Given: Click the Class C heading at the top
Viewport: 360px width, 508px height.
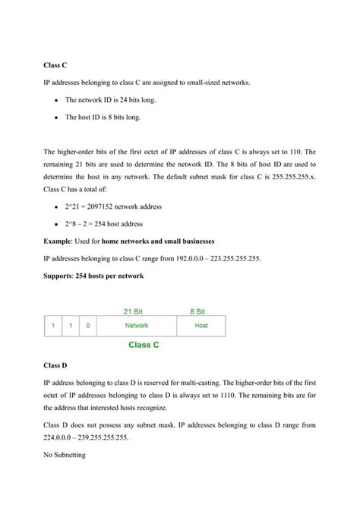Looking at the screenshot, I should tap(55, 65).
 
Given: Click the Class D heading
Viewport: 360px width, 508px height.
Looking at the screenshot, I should tap(55, 365).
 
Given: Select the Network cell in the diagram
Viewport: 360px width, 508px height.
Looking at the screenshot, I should tap(137, 325).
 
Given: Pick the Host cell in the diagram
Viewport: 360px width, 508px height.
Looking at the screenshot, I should tap(201, 325).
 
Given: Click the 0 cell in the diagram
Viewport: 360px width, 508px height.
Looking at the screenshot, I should tap(87, 325).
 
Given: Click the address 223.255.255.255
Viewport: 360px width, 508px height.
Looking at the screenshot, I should tap(230, 257).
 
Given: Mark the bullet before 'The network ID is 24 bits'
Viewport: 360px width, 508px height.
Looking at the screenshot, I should tap(58, 100).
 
